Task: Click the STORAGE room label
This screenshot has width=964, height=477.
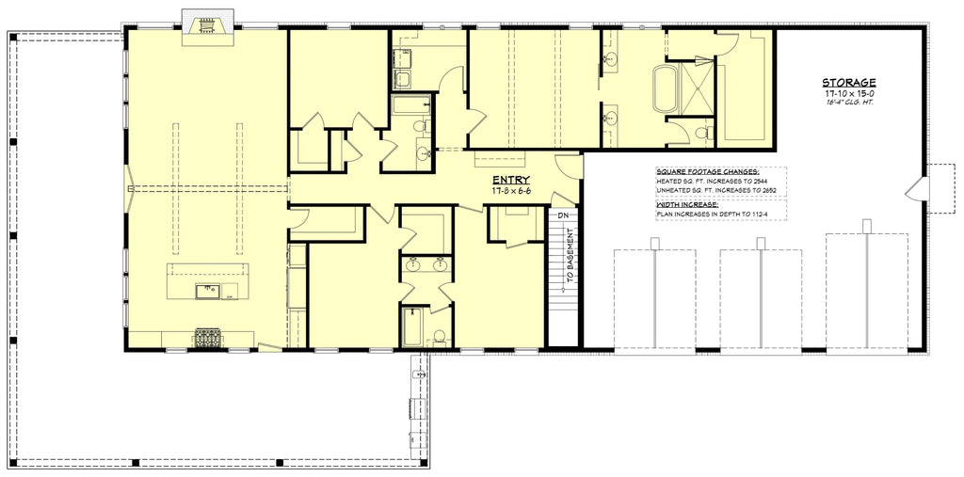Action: coord(849,83)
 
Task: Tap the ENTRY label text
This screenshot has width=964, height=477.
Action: coord(510,180)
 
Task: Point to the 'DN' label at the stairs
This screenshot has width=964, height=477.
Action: coord(563,215)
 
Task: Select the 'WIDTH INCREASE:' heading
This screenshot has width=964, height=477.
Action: coord(687,203)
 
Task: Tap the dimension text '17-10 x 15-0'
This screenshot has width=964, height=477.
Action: coord(849,94)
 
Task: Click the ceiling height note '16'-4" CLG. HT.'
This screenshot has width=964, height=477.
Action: coord(849,103)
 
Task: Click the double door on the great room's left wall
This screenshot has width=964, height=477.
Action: coord(128,187)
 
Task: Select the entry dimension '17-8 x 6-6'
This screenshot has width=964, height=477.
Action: coord(510,191)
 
